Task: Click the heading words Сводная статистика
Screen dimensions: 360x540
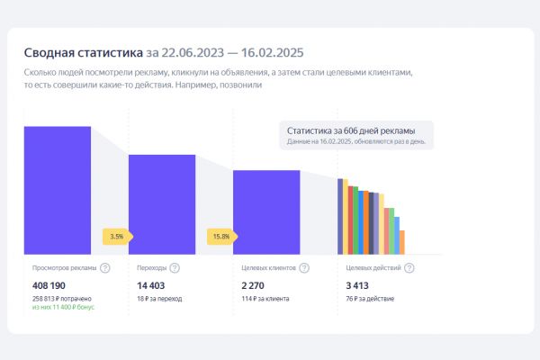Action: (x=83, y=52)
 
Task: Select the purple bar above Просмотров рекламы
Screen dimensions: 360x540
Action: (x=58, y=190)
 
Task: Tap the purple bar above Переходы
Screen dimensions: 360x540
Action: (x=162, y=204)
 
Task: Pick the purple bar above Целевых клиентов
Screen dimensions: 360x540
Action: (x=266, y=211)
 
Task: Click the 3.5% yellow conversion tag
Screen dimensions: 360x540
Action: (x=117, y=237)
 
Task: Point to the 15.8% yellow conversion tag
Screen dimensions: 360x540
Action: (x=220, y=237)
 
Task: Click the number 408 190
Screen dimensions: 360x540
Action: (x=49, y=284)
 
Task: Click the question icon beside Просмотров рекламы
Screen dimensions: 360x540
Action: (x=105, y=267)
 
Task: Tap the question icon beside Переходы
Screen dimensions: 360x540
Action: (x=174, y=267)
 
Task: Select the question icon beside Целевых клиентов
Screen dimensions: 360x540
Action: (x=304, y=267)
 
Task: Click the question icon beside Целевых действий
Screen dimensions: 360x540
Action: (x=409, y=267)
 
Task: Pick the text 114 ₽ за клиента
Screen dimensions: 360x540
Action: (x=262, y=298)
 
